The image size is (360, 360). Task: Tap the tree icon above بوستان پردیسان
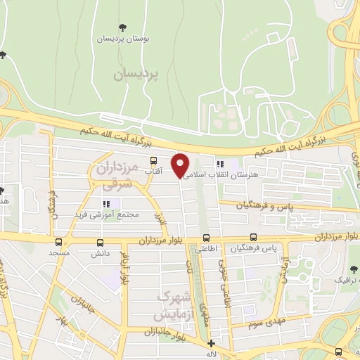click(123, 27)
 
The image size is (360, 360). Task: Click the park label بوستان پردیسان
click(123, 39)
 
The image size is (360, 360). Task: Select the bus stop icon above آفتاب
click(153, 161)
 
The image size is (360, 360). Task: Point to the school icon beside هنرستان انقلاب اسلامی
click(220, 164)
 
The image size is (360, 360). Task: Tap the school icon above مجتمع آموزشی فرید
click(106, 204)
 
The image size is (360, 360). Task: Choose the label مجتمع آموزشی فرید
click(106, 214)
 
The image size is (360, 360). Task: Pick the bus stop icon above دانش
click(95, 240)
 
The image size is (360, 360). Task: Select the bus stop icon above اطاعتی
click(206, 238)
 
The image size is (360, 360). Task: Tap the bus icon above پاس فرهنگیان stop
click(253, 238)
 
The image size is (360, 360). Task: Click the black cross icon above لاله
click(211, 343)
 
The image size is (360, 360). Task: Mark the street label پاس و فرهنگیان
click(245, 205)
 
